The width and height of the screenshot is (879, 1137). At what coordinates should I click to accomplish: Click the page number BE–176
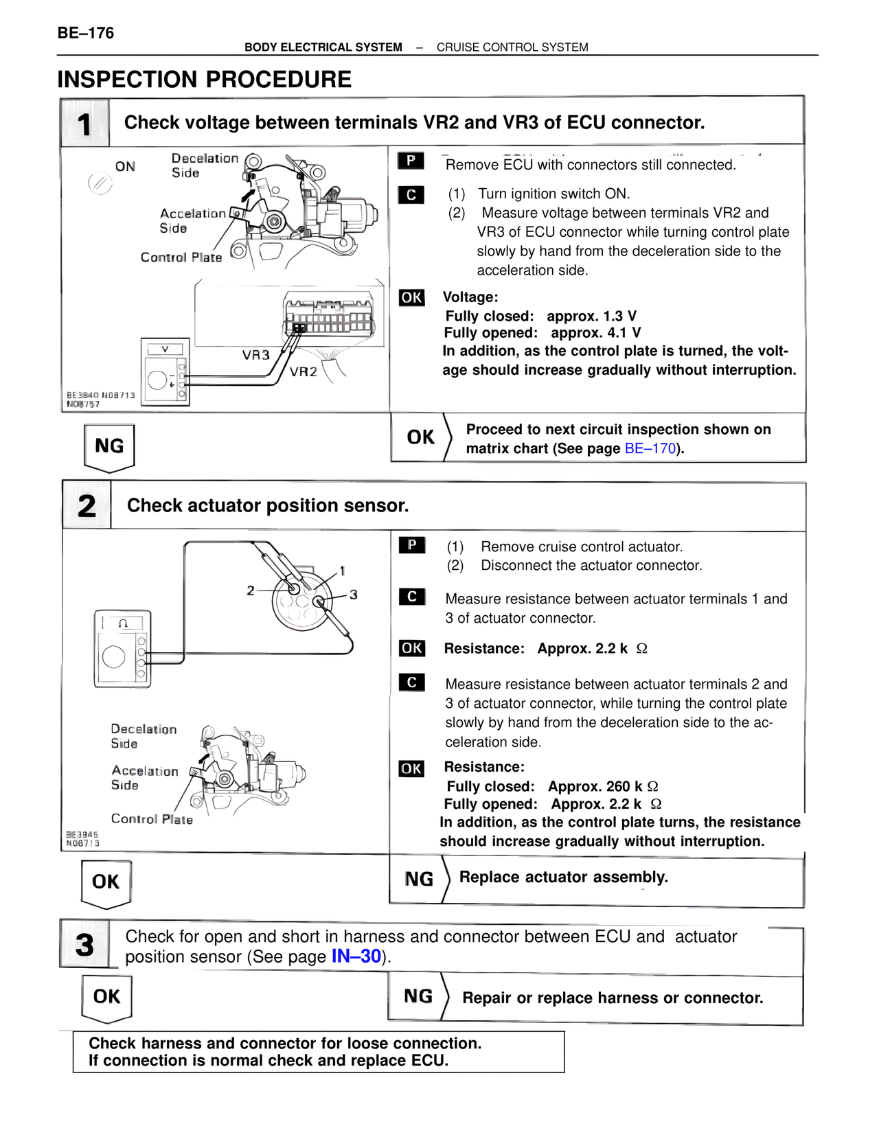86,33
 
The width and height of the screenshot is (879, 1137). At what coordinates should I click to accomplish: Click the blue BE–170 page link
650,449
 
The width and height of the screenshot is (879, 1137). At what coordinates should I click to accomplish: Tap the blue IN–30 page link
356,956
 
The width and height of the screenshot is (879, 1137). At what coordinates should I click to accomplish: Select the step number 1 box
84,124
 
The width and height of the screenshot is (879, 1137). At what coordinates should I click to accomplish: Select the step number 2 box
87,506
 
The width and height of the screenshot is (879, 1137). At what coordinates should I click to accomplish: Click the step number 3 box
84,945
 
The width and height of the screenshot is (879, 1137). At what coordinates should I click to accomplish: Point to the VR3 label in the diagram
255,355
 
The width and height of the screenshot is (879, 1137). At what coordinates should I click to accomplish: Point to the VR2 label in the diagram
303,372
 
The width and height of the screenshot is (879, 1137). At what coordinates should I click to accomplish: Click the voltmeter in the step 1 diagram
165,371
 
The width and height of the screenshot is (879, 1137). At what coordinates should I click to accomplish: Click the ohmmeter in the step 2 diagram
122,649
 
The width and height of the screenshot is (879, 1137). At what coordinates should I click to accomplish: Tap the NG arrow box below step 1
109,447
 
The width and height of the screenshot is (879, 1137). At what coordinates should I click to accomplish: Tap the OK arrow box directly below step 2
106,882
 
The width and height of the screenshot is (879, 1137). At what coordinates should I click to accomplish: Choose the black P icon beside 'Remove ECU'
411,161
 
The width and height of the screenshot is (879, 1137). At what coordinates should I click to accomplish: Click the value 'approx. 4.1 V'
595,333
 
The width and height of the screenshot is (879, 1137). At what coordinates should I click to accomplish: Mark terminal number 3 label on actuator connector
354,595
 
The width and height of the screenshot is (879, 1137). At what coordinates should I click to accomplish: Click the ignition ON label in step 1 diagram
125,167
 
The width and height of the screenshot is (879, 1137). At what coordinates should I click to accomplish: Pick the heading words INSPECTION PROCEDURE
204,80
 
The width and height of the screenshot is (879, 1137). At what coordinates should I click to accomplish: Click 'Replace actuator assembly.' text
563,877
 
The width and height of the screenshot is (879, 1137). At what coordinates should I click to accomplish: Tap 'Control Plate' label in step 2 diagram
152,819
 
